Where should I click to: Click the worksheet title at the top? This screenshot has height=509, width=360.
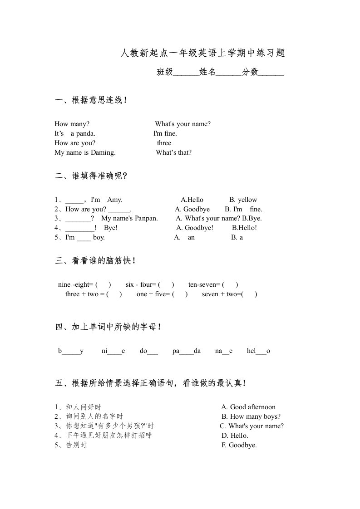202,53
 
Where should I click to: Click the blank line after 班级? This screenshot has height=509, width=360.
186,73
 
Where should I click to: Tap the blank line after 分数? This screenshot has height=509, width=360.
271,73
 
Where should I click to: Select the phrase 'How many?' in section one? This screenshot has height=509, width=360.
72,124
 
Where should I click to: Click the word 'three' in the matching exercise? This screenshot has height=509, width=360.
164,143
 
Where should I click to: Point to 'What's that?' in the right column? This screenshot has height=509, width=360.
173,152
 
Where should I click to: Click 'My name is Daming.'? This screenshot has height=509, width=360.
85,152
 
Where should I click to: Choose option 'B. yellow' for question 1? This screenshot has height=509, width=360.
243,200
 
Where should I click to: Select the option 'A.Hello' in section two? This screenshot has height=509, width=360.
192,200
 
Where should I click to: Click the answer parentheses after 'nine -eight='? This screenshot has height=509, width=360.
104,285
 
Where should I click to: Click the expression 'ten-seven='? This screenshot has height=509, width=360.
204,285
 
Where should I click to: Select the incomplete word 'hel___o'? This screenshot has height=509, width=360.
258,351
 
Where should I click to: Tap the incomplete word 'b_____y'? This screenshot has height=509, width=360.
71,351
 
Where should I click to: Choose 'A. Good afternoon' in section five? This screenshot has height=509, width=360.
248,407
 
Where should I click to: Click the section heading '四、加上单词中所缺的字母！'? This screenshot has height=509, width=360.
108,327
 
